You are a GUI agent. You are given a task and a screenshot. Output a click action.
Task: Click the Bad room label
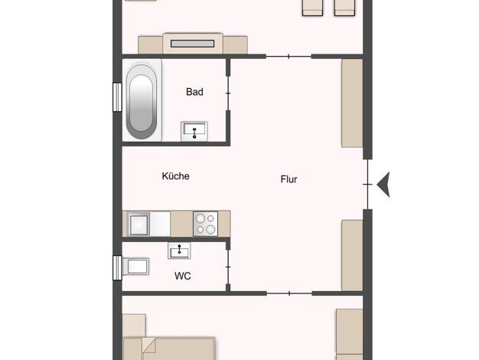[194, 92]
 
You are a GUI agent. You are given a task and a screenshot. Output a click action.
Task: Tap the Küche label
[176, 176]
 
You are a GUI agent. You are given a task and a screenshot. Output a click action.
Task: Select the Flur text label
[288, 179]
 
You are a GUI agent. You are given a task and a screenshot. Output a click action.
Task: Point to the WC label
[183, 276]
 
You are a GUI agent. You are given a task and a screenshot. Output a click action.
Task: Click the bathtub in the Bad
[142, 101]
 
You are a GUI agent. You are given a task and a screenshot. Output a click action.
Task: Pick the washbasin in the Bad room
[194, 132]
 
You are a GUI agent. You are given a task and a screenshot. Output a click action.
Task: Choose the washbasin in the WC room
[179, 250]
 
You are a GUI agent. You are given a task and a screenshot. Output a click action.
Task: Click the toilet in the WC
[136, 267]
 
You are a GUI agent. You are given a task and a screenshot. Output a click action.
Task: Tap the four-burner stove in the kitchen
[206, 224]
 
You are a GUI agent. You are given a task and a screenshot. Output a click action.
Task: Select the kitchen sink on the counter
[139, 224]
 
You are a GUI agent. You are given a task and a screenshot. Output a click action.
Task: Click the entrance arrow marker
[383, 185]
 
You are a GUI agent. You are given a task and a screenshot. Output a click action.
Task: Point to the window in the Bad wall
[117, 97]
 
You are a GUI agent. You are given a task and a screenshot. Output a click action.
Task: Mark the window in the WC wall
[117, 268]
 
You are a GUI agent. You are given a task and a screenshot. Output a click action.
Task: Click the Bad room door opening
[228, 93]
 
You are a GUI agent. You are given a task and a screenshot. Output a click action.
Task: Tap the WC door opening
[228, 267]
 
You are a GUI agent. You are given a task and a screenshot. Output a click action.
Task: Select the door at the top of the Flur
[288, 56]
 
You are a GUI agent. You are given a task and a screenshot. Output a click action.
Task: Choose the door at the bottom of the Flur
[289, 293]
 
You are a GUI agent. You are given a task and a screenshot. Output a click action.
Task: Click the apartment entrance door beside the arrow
[368, 185]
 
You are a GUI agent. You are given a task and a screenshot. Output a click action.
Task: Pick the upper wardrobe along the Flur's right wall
[352, 103]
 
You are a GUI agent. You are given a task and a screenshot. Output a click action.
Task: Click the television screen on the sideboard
[193, 44]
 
